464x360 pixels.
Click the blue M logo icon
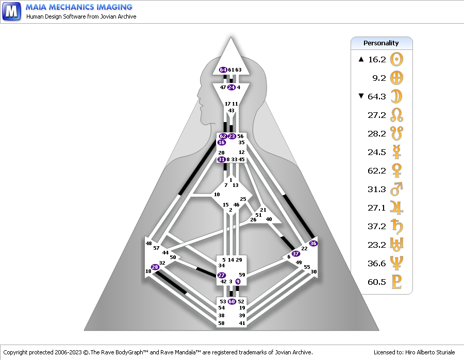coord(11,11)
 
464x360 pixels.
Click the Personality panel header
coord(382,43)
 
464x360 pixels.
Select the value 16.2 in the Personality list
coord(377,59)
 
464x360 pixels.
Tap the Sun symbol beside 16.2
coord(396,59)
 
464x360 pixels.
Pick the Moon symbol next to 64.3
coord(396,96)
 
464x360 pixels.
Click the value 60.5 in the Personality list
coord(377,282)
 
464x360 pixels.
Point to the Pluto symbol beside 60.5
coord(396,282)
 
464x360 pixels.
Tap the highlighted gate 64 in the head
coord(223,70)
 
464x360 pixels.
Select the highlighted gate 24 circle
coord(231,87)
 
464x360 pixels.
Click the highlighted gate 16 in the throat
coord(222,142)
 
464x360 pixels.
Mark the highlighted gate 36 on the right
coord(313,243)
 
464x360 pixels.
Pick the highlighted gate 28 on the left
coord(155,267)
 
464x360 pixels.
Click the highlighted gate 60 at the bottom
coord(231,301)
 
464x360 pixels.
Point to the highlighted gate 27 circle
coord(222,276)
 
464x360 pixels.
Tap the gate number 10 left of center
coord(217,194)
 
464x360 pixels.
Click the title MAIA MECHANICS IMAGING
coord(79,7)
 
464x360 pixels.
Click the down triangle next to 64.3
coord(361,96)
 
